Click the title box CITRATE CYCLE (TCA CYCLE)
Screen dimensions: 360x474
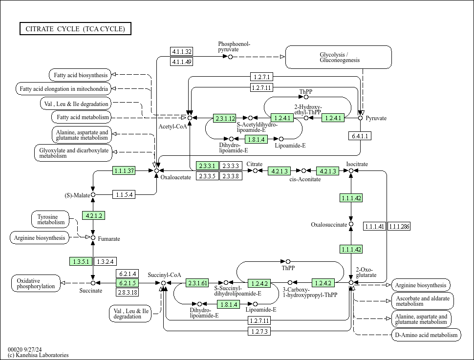pos(75,29)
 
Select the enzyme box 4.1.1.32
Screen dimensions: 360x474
pos(182,52)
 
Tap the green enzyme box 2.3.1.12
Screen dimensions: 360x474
pos(225,118)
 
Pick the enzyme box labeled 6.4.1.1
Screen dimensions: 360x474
pos(360,136)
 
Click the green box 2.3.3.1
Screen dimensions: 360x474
pos(207,166)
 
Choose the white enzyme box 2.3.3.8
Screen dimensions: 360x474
pos(231,176)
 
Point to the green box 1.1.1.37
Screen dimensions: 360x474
pos(124,171)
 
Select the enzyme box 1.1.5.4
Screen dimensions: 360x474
pos(124,195)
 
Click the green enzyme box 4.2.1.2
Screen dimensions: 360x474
pos(93,216)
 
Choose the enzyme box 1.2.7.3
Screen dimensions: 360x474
pos(259,332)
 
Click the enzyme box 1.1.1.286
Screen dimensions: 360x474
pos(399,226)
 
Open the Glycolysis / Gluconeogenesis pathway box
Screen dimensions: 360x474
pos(339,57)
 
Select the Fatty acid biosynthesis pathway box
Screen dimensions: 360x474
pos(80,75)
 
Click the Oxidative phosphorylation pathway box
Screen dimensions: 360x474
pos(36,283)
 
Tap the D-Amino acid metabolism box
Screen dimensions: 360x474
pos(426,335)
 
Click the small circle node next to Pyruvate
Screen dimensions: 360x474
pos(361,118)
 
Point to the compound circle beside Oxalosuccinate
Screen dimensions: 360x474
pos(351,225)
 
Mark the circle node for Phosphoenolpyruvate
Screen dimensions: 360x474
pos(230,57)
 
